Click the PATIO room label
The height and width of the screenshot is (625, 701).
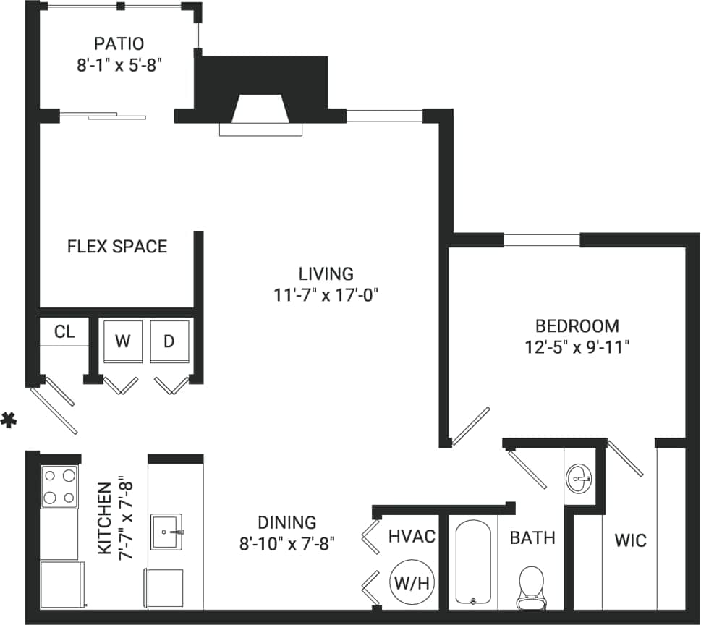pyautogui.click(x=119, y=43)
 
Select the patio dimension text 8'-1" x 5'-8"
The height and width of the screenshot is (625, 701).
pyautogui.click(x=119, y=64)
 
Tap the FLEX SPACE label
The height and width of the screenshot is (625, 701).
pyautogui.click(x=117, y=247)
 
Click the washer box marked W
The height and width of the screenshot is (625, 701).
pyautogui.click(x=123, y=341)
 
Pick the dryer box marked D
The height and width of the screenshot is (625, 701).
pyautogui.click(x=169, y=341)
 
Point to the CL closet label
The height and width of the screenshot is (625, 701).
pyautogui.click(x=64, y=332)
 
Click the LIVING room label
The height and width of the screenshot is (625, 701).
pyautogui.click(x=326, y=273)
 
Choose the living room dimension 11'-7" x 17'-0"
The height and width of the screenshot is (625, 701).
pyautogui.click(x=326, y=294)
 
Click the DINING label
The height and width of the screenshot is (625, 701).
pyautogui.click(x=287, y=522)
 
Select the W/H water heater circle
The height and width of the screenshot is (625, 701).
pyautogui.click(x=412, y=582)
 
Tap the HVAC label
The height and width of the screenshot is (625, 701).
pyautogui.click(x=412, y=536)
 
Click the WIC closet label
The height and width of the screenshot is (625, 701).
pyautogui.click(x=630, y=540)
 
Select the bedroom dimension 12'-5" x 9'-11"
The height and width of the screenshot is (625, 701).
pyautogui.click(x=577, y=346)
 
